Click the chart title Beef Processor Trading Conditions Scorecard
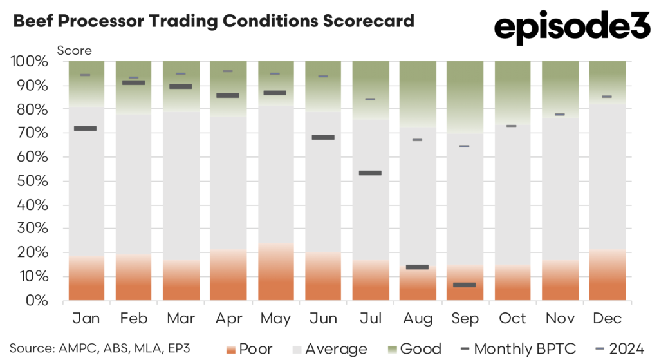coord(213,21)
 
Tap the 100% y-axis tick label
coord(28,62)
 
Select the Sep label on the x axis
coord(465,319)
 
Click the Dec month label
coord(607,319)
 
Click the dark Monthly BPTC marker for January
coord(86,129)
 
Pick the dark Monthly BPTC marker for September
coord(465,285)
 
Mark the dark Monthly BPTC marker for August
coord(418,267)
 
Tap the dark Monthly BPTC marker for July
coord(370,173)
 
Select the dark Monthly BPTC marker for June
coord(323,137)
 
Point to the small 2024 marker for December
coord(607,97)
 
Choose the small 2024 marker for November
coord(559,115)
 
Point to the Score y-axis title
coord(75,50)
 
